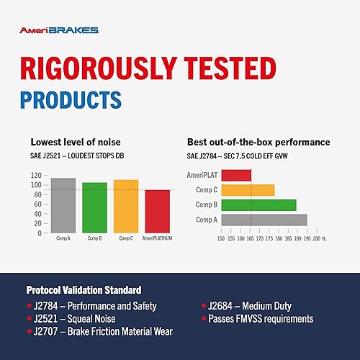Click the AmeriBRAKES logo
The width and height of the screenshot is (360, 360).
pos(59,30)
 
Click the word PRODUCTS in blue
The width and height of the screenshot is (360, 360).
pos(71,100)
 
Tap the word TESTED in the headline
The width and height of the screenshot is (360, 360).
pos(230,68)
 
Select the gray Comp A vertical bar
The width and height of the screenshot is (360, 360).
pos(63,205)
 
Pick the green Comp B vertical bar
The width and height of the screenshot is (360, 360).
pos(95,207)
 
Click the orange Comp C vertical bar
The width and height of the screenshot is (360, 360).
pos(126,206)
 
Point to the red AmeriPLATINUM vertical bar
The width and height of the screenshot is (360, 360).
pos(158,212)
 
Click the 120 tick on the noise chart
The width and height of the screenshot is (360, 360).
pos(36,175)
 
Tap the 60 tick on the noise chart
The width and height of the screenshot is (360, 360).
pos(37,204)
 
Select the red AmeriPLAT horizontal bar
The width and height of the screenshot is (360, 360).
pos(236,175)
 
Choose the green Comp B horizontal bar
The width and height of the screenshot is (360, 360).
pos(258,205)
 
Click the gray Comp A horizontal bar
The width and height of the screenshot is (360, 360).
pos(264,220)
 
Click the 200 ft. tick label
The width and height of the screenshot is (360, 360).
pos(320,238)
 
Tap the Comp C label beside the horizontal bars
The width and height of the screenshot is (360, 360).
pos(207,190)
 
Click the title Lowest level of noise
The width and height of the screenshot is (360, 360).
pos(76,142)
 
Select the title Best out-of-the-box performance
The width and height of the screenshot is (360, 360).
pos(258,142)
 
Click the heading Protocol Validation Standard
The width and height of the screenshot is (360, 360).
pos(84,290)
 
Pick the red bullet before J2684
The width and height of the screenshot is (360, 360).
pos(204,306)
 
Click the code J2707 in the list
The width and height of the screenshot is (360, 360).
pos(45,331)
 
